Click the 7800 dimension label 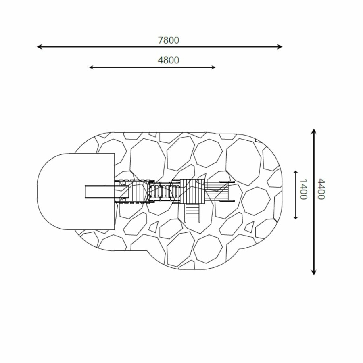169,40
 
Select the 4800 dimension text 169,60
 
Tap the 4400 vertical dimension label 321,189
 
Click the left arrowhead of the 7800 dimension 39,47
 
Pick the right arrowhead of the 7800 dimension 280,47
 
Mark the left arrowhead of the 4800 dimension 91,67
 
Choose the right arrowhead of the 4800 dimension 213,67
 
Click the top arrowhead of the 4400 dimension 314,131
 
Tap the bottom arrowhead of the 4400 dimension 314,272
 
